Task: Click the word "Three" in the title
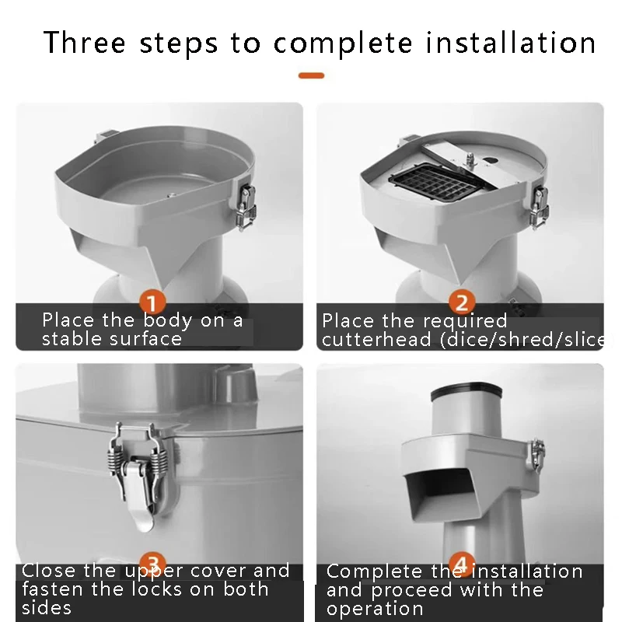[85, 43]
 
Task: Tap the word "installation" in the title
[511, 43]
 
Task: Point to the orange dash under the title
[312, 75]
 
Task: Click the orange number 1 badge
[152, 303]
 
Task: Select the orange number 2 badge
[462, 302]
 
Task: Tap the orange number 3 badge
[153, 563]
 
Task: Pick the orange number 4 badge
[462, 563]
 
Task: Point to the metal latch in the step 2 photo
[540, 206]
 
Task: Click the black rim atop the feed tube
[466, 391]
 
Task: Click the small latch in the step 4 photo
[537, 455]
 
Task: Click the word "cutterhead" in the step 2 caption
[376, 340]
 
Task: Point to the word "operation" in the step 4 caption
[375, 610]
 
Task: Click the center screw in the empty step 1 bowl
[171, 195]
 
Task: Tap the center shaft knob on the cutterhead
[470, 159]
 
